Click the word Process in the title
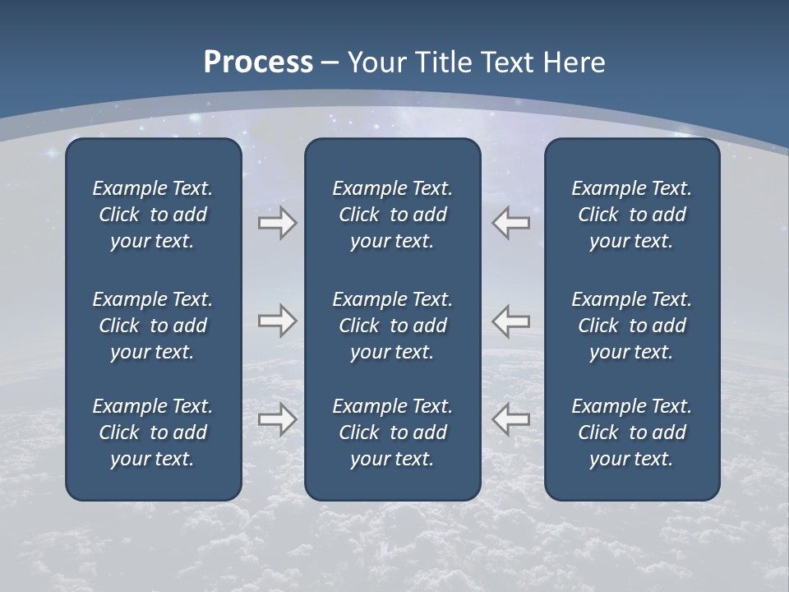click(x=258, y=62)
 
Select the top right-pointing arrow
click(x=277, y=223)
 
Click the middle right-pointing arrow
click(x=277, y=321)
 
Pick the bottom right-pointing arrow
click(x=277, y=419)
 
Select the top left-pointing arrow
click(x=510, y=223)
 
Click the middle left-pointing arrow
click(x=510, y=321)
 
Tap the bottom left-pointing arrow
click(x=510, y=419)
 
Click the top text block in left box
click(x=153, y=215)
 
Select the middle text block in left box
click(x=153, y=326)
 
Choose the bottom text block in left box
click(x=153, y=432)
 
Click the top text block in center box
click(x=392, y=215)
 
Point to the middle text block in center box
click(x=392, y=326)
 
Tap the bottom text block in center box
click(x=392, y=432)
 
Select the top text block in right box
click(x=631, y=215)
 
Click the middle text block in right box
click(x=631, y=326)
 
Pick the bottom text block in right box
click(x=631, y=432)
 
